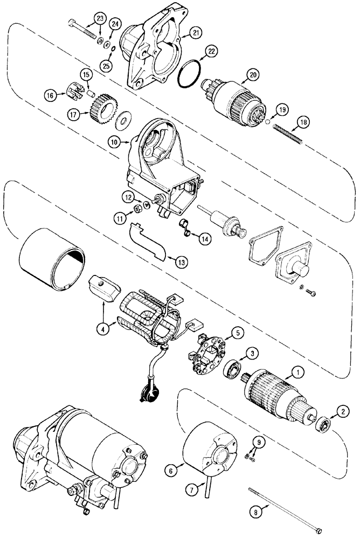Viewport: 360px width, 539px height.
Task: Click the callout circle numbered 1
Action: [295, 371]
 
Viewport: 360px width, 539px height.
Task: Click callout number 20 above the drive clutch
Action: [253, 75]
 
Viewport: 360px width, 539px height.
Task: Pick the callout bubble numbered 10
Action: [114, 142]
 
